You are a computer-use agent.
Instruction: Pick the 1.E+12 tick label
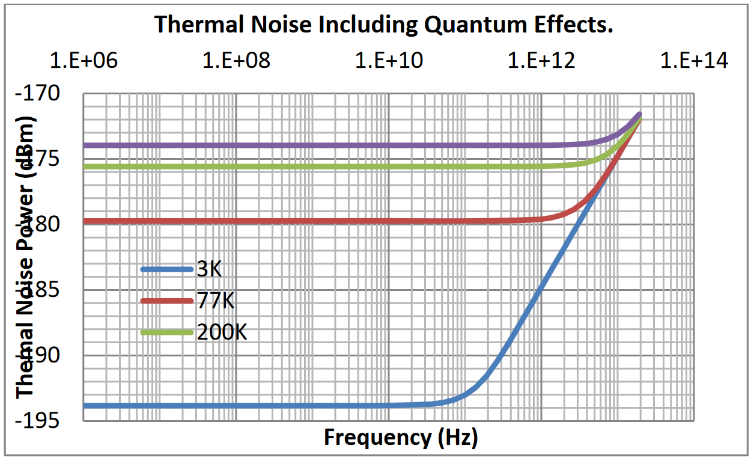pos(541,61)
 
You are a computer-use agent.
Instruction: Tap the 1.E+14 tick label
pos(695,61)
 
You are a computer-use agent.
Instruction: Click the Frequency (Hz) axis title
pos(401,438)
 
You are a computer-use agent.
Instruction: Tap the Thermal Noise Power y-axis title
pos(26,255)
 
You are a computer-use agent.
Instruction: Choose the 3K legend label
pos(209,269)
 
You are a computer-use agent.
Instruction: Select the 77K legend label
pos(215,301)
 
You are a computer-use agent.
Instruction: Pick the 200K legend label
pos(222,332)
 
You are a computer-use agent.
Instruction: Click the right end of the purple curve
pos(639,114)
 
